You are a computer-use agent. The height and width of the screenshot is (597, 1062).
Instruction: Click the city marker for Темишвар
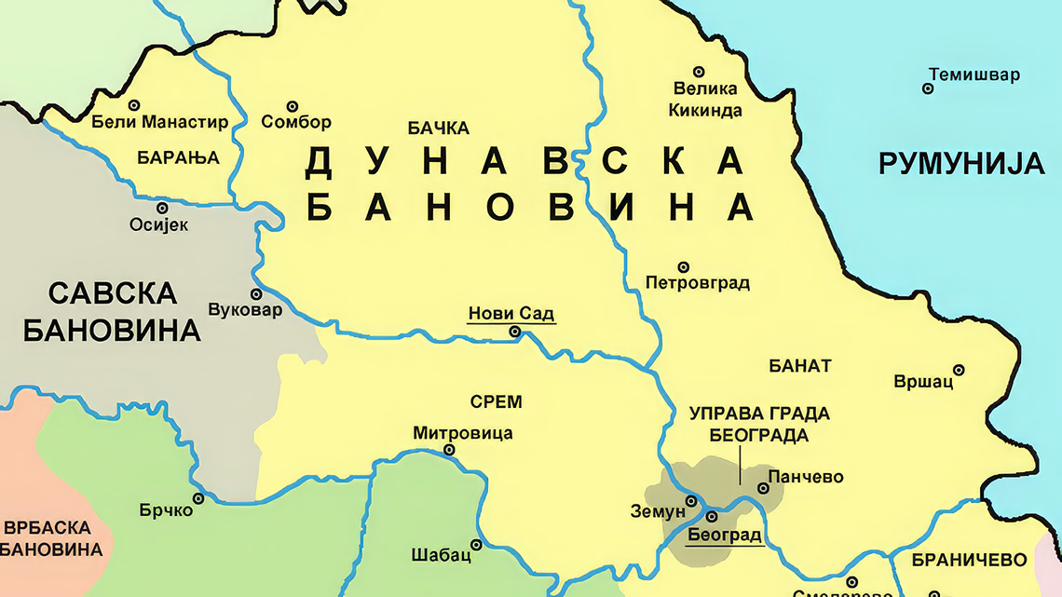(928, 88)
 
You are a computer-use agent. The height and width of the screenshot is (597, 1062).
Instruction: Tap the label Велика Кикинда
(705, 100)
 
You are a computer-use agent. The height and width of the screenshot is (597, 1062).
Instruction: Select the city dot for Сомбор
(292, 106)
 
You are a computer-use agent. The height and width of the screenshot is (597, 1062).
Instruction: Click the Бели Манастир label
(160, 122)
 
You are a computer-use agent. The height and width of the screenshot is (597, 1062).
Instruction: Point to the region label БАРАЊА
(178, 157)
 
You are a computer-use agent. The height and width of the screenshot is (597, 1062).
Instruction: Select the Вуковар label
(244, 310)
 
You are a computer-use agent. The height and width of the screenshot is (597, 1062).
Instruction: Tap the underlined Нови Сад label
(511, 314)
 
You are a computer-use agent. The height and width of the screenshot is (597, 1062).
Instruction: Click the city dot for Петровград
(683, 267)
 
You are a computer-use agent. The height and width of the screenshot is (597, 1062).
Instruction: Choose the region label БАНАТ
(799, 366)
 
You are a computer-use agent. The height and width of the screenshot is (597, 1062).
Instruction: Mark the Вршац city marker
(958, 370)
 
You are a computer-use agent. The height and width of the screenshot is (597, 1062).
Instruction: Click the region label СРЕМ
(496, 402)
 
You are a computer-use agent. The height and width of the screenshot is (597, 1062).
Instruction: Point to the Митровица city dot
(449, 450)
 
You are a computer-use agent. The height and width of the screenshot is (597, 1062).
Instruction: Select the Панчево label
(806, 477)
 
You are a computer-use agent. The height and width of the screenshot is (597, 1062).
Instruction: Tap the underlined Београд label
(725, 535)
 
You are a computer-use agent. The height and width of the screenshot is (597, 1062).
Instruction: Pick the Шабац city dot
(476, 545)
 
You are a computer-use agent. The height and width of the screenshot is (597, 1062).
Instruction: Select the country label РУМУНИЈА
(961, 164)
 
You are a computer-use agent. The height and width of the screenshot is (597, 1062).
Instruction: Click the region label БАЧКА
(439, 128)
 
